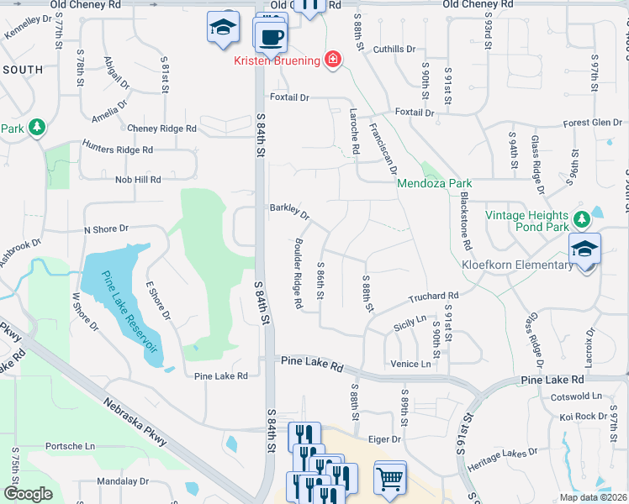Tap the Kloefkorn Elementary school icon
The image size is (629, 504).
(x=584, y=248)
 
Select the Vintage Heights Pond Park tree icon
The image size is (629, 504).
(x=580, y=220)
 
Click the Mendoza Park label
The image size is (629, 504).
(x=434, y=183)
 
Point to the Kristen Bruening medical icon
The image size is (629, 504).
(x=333, y=60)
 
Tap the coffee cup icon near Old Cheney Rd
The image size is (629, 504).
(x=271, y=35)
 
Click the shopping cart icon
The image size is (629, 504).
(x=390, y=478)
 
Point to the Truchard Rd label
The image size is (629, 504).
(x=434, y=297)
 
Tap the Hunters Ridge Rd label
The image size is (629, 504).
(x=117, y=150)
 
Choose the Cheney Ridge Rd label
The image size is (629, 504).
(x=161, y=129)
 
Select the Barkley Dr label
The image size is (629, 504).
(x=289, y=210)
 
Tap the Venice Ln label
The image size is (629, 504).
(x=410, y=364)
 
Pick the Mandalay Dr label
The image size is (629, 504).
(x=123, y=482)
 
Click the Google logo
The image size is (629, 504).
(x=28, y=494)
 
